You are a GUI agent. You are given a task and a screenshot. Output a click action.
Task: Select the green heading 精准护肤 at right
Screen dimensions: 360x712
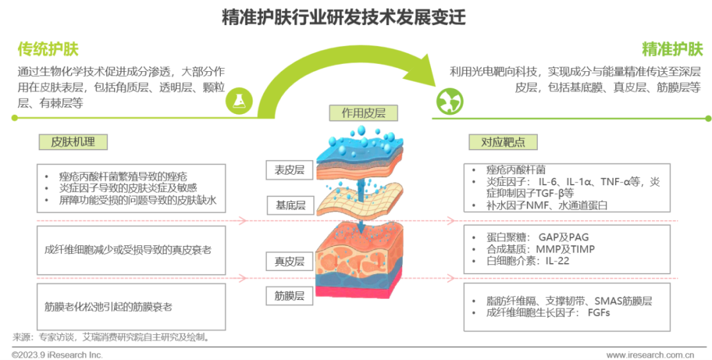[672, 49]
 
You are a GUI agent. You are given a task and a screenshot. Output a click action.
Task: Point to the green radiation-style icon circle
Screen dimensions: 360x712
[451, 101]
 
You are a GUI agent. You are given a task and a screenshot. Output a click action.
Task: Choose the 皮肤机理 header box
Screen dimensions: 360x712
[73, 142]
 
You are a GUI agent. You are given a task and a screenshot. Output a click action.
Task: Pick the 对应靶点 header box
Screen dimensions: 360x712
[503, 142]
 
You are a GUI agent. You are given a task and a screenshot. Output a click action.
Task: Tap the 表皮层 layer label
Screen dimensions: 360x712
[289, 170]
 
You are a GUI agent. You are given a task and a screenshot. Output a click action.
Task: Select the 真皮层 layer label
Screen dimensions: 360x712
[289, 261]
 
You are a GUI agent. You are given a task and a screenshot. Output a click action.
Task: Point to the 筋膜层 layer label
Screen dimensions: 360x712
[289, 296]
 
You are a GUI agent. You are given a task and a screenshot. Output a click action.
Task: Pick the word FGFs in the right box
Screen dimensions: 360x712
[599, 313]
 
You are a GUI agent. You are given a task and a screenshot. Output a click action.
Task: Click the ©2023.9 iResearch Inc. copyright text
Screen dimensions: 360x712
[53, 355]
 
